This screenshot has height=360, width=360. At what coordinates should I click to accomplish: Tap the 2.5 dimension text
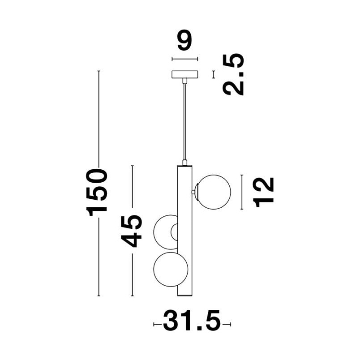233,74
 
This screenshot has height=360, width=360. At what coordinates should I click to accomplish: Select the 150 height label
96,192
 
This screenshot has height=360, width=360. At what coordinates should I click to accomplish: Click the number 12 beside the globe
263,192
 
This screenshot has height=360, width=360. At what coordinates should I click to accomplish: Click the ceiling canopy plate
185,74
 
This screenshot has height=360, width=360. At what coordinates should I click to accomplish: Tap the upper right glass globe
214,192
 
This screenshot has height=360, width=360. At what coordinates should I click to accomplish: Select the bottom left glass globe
171,269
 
